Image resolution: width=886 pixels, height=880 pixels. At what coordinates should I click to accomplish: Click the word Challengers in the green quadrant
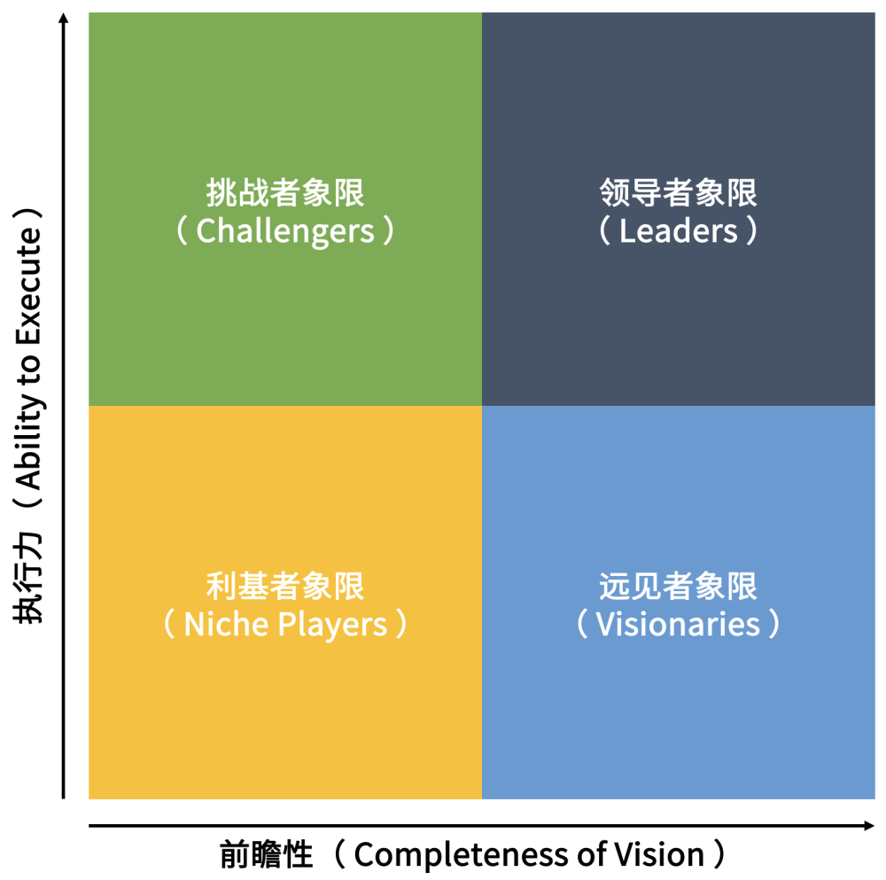285,231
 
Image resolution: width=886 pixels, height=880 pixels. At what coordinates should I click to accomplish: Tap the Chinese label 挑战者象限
285,192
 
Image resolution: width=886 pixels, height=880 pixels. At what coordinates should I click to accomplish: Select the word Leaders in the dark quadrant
679,231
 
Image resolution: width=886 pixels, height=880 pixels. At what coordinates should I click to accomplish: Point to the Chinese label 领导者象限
679,192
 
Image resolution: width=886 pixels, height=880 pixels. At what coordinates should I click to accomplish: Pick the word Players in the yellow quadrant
334,625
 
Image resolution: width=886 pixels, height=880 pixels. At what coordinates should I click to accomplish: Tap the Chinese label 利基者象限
285,586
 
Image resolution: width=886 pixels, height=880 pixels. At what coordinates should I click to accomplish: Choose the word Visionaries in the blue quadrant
679,625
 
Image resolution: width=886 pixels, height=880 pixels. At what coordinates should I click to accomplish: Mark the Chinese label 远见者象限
679,586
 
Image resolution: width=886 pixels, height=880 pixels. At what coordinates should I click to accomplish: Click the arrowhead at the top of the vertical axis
63,19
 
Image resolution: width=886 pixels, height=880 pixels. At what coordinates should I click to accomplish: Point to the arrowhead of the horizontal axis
869,826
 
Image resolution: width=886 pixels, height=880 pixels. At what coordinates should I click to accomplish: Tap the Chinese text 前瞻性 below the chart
266,856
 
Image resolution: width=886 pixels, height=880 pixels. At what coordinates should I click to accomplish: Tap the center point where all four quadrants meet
482,406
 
